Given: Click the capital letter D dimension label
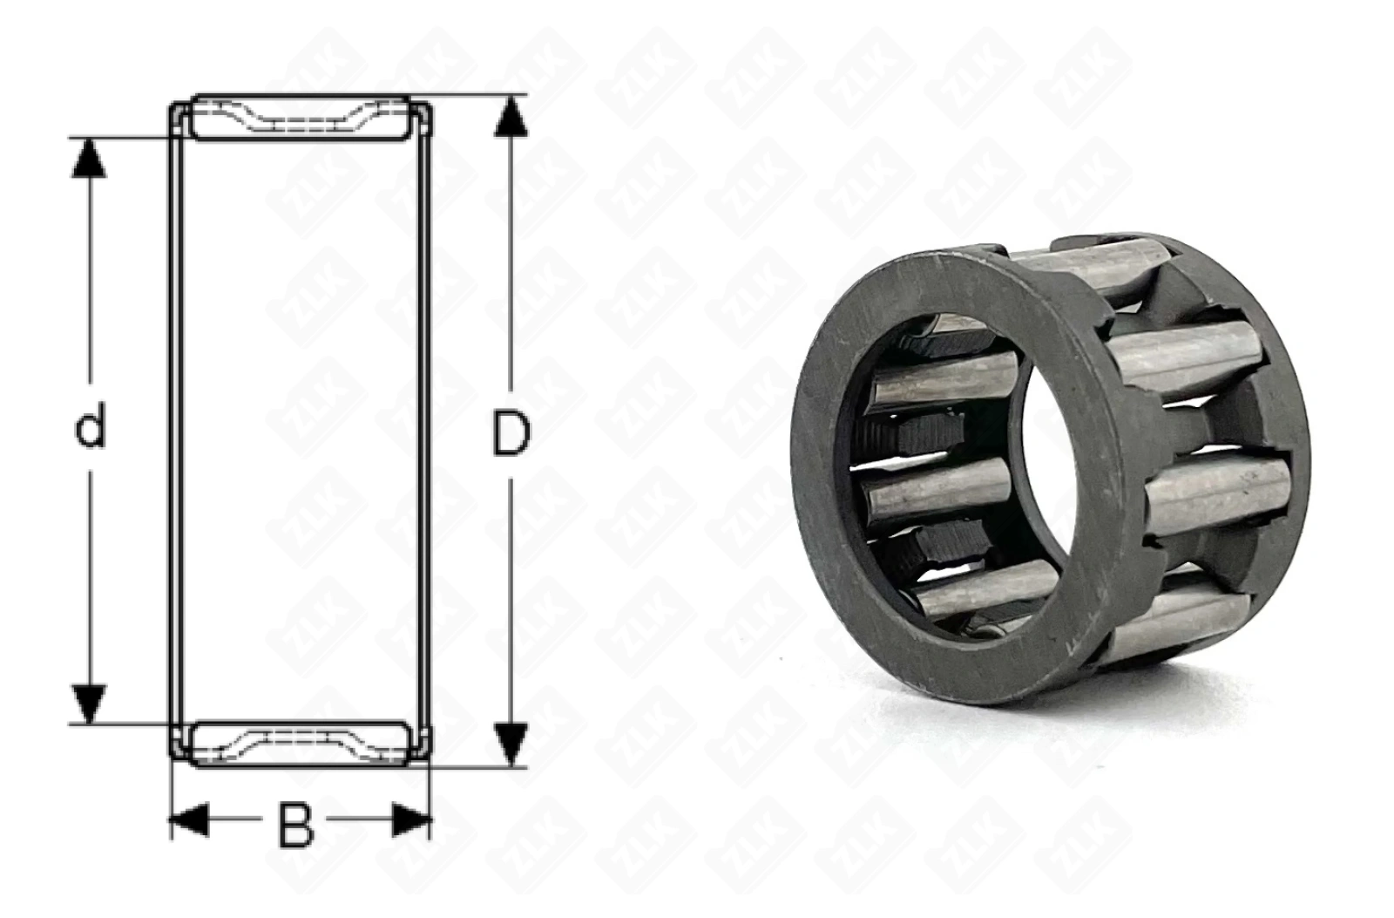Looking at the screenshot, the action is tap(511, 432).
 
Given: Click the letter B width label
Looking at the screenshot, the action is tap(295, 826).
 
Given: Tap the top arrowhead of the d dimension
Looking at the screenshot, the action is tap(89, 158).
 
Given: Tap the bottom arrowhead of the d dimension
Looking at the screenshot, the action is tap(89, 704).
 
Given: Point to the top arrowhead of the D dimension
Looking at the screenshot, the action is tap(511, 117).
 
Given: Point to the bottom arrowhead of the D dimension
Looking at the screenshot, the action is tap(511, 745).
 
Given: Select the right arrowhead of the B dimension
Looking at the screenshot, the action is tap(411, 819).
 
